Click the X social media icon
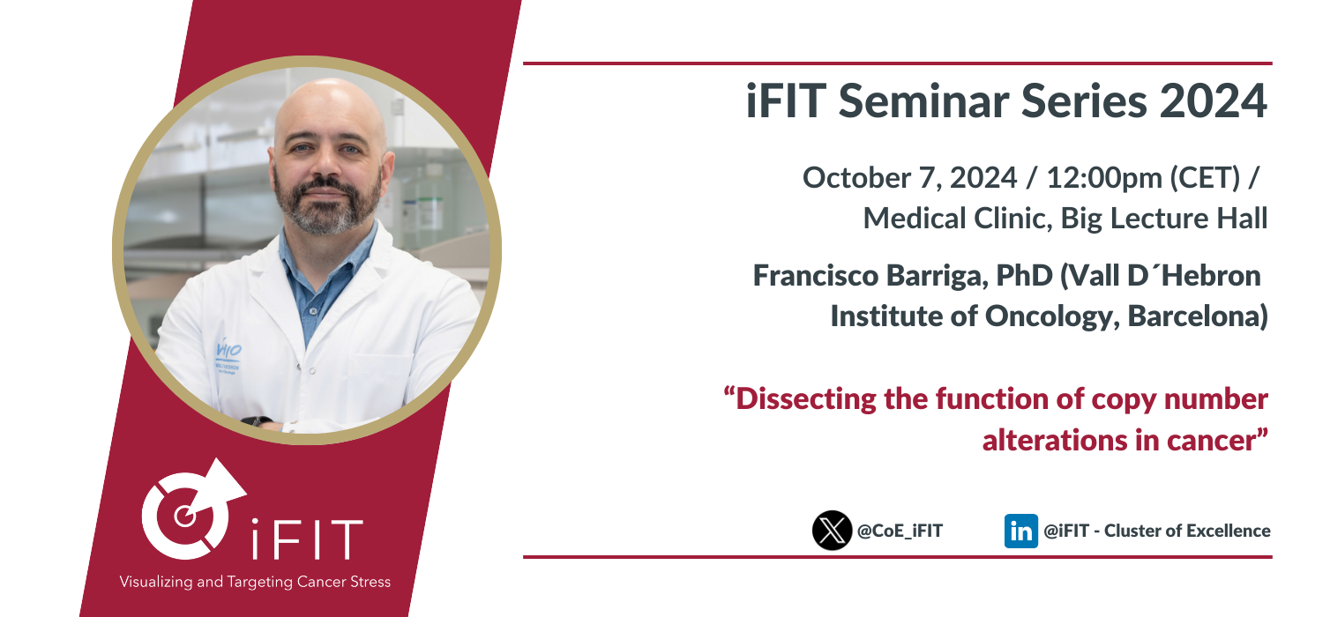click(x=832, y=531)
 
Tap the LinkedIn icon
click(x=1020, y=531)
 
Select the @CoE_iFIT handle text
click(x=900, y=531)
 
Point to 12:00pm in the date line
click(x=1104, y=178)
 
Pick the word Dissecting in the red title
click(x=806, y=399)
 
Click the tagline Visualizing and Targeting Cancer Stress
click(x=255, y=582)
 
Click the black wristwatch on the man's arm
click(x=257, y=421)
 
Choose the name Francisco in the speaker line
click(x=816, y=276)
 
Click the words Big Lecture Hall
click(x=1164, y=219)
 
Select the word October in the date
click(x=856, y=178)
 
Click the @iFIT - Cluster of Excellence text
click(x=1157, y=531)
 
